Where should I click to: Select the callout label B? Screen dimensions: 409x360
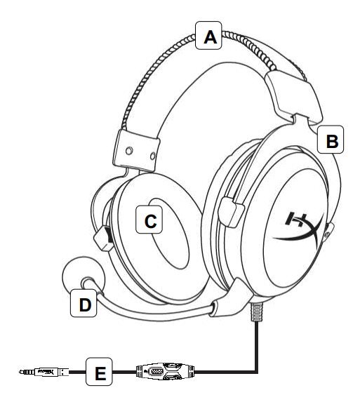(331, 142)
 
